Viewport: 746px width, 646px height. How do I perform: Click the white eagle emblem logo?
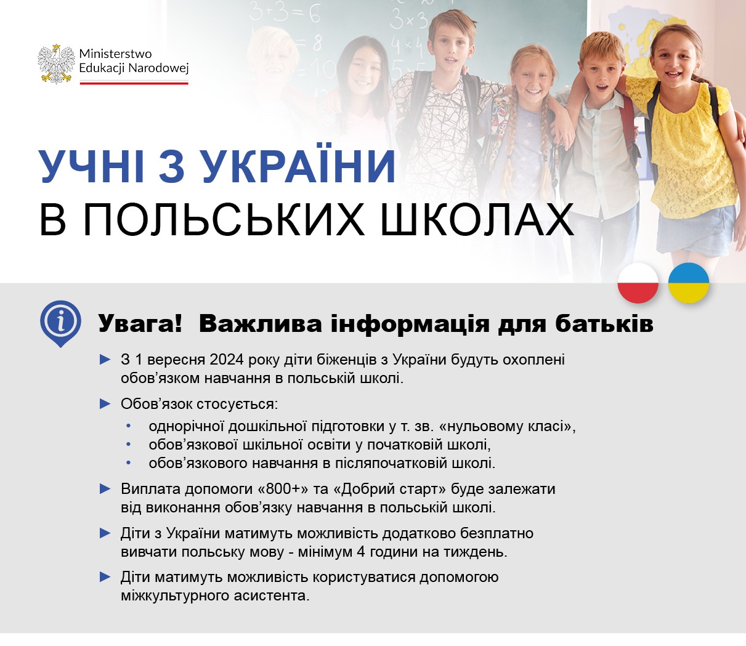56,64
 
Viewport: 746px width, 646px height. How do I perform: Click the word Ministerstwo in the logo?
115,54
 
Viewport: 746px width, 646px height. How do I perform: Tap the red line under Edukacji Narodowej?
134,83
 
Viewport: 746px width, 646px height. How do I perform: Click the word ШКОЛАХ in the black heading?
477,220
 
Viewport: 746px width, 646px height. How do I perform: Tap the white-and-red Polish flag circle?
638,283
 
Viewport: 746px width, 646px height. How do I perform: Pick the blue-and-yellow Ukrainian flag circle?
688,283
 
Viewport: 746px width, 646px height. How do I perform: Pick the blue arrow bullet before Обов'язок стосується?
105,403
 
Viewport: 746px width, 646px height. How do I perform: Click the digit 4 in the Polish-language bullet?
360,552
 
